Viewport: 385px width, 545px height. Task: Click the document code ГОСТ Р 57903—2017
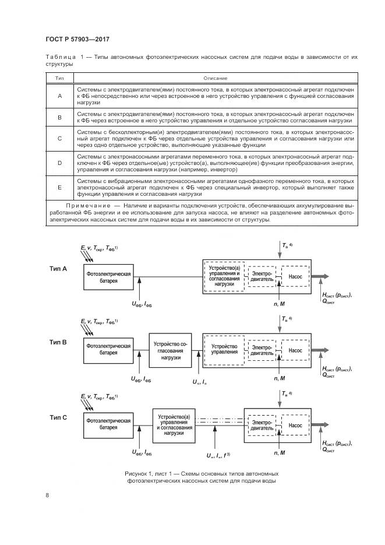coord(77,39)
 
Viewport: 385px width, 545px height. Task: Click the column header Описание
coord(215,78)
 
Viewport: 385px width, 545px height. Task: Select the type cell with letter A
coord(59,96)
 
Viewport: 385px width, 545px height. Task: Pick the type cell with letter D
coord(59,163)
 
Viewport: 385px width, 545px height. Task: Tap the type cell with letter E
coord(59,187)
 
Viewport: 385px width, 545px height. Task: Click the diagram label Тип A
coord(58,269)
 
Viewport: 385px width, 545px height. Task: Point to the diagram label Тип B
coord(58,343)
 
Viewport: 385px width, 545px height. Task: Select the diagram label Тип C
coord(58,417)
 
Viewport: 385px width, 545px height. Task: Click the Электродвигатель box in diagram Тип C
coord(261,425)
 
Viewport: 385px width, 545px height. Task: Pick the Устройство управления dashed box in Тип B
coord(224,350)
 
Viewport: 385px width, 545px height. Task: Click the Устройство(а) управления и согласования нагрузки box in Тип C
coord(174,425)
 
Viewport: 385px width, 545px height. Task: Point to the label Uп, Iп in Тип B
coord(200,381)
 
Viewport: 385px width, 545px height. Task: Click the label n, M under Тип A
coord(280,304)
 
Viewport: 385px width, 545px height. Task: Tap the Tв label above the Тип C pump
coord(286,395)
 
